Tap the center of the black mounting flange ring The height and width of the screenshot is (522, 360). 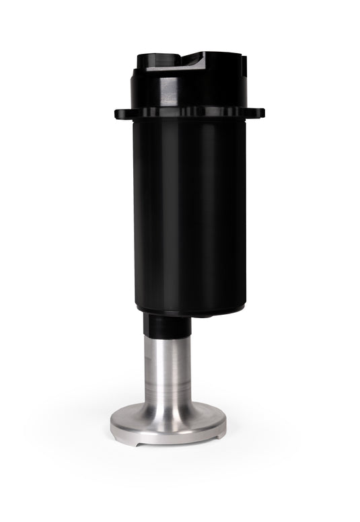189,114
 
